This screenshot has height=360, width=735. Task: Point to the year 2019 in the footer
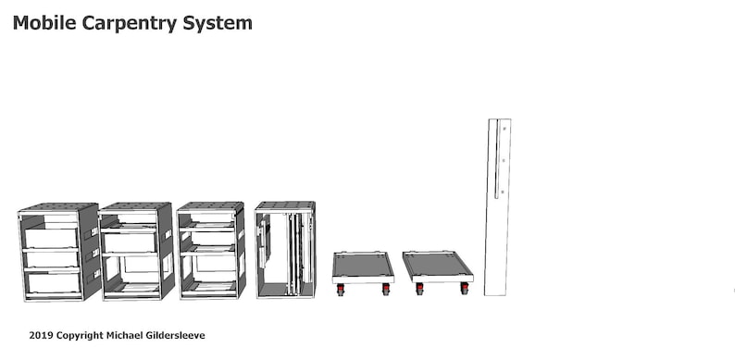point(41,334)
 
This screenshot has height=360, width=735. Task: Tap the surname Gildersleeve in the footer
point(200,334)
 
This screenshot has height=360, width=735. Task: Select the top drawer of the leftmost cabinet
point(51,238)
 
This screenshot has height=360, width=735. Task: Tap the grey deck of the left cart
point(362,266)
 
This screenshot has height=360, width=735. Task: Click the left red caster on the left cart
point(340,290)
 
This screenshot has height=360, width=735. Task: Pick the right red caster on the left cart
point(386,290)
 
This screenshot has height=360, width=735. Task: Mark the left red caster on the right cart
point(419,290)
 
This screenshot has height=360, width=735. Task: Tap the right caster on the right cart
point(465,290)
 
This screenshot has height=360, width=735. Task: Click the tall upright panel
point(497,231)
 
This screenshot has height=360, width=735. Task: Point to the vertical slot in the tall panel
point(498,159)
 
